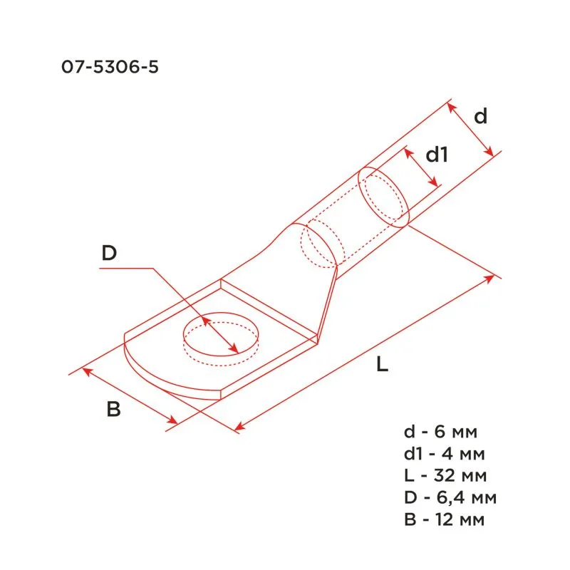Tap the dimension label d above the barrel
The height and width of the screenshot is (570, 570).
[x=481, y=117]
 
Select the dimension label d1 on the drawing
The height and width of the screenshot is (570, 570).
[x=436, y=154]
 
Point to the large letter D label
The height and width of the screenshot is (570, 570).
[x=108, y=253]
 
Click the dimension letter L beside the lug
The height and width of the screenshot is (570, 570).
[x=383, y=366]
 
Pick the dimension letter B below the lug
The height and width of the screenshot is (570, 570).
[x=113, y=410]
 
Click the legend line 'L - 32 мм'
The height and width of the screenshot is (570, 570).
[x=445, y=475]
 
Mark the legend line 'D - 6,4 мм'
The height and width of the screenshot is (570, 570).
[x=449, y=497]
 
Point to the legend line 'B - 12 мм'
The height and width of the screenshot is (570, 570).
[x=444, y=519]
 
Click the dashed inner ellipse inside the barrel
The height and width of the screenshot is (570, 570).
[x=319, y=245]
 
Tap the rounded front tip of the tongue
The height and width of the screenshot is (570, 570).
[x=146, y=370]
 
